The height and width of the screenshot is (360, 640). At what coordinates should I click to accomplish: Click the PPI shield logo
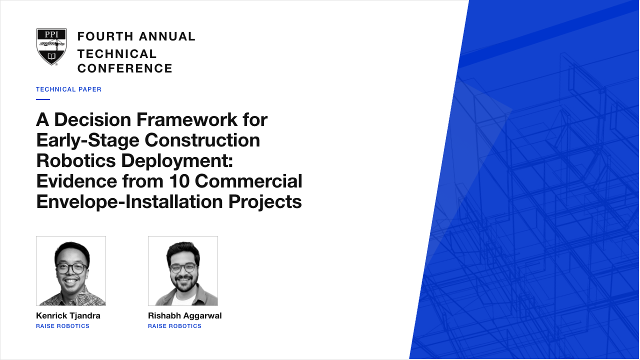pos(51,47)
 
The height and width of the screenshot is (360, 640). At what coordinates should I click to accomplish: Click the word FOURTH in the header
pos(105,36)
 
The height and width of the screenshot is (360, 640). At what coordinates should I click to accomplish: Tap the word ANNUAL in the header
pos(167,36)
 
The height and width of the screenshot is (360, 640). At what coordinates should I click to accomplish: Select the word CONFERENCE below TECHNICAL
pos(125,68)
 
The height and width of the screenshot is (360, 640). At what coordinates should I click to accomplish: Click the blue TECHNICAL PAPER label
pos(68,89)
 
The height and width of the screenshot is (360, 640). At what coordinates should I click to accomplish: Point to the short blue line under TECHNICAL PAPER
pos(43,99)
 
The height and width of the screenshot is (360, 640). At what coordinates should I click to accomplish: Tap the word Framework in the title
pos(187,119)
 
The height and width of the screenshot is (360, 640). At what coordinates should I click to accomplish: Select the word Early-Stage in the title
pos(87,140)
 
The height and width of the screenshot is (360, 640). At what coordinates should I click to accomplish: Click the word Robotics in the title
pos(76,160)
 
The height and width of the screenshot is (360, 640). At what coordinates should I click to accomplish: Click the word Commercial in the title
pos(248,181)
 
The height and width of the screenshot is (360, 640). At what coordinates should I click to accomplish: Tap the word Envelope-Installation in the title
pos(129,201)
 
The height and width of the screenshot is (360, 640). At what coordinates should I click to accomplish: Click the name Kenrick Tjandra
pos(68,315)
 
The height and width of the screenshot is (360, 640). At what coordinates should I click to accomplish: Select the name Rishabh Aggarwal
pos(185,315)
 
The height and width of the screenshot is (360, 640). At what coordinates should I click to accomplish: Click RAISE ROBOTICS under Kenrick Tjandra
pos(62,326)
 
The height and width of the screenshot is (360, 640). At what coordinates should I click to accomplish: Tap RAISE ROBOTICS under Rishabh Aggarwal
pos(174,326)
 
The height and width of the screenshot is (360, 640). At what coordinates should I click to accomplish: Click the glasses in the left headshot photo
pos(71,268)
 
